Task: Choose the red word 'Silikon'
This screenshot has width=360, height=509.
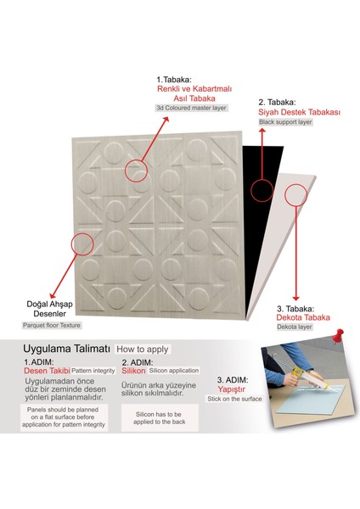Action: pyautogui.click(x=133, y=371)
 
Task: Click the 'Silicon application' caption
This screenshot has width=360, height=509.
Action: pyautogui.click(x=174, y=371)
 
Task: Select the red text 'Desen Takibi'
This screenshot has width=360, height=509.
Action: pyautogui.click(x=47, y=371)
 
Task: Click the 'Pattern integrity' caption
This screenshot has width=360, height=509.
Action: pyautogui.click(x=94, y=371)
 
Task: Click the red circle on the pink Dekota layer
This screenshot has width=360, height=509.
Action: pyautogui.click(x=295, y=195)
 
